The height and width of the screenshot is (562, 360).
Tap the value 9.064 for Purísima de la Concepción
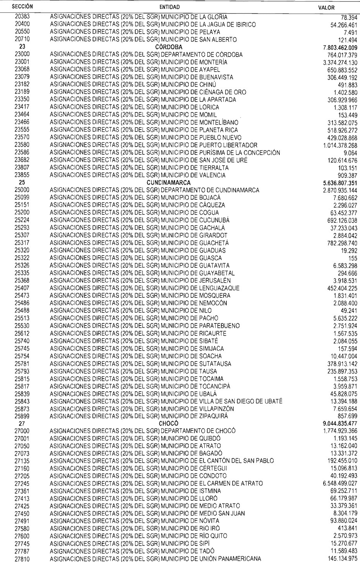tap(350, 153)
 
